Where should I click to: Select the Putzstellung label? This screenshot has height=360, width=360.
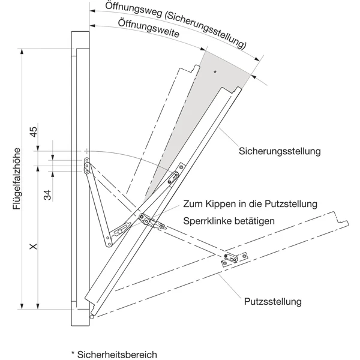tap(272, 301)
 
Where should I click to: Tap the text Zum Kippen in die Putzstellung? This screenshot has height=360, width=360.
tap(251, 205)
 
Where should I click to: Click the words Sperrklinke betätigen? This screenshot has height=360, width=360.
tap(229, 221)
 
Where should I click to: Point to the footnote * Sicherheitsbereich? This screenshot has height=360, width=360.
tap(114, 354)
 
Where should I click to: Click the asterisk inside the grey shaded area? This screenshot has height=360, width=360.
tap(215, 72)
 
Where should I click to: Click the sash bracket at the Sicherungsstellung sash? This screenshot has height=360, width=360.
tap(174, 176)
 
